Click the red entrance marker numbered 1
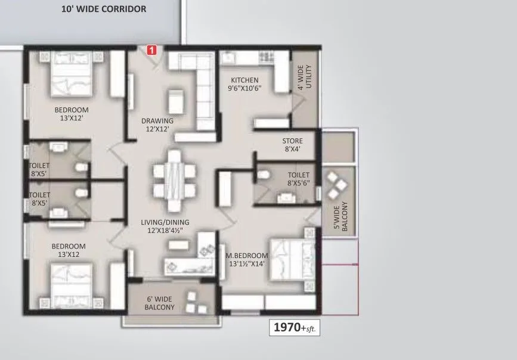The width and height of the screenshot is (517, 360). (x=151, y=51)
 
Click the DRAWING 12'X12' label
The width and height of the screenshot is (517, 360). (x=157, y=125)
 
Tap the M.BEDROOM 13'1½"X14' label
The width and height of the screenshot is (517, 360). (x=246, y=260)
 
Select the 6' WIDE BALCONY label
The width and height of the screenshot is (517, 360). (x=159, y=303)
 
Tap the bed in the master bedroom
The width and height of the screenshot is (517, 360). (x=289, y=258)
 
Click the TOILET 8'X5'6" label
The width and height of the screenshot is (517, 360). (x=298, y=179)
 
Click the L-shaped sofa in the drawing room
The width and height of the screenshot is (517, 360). (x=200, y=83)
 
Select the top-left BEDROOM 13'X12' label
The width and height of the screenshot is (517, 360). (x=72, y=114)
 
